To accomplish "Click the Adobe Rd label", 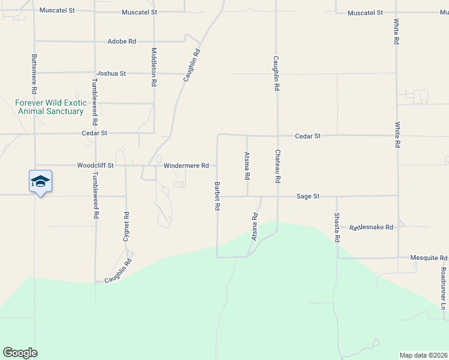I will pos(122,41).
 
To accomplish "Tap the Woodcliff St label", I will pos(95,165).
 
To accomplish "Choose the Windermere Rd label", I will pos(186,165).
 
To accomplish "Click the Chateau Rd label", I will pos(278,166).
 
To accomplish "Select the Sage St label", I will pos(307,196).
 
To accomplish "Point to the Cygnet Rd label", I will pos(126,226).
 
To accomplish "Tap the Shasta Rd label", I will pos(337,228).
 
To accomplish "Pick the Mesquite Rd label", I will pos(429,257).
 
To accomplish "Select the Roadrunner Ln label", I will pos(444,289).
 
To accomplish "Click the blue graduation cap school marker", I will pos(40,182).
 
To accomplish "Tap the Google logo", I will pos(20,353).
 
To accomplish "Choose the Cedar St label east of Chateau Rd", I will pos(308,136).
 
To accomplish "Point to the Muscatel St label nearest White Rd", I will pos(365,13).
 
